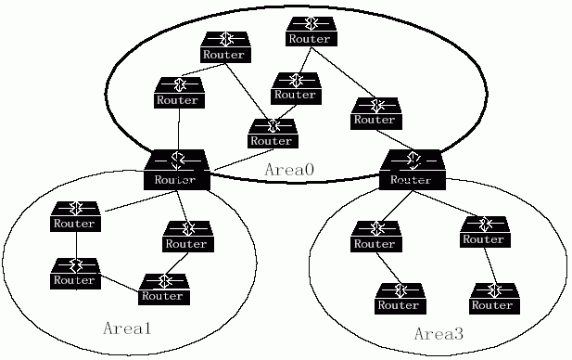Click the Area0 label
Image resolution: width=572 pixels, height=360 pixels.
pyautogui.click(x=289, y=170)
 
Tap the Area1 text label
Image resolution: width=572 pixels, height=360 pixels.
pyautogui.click(x=127, y=328)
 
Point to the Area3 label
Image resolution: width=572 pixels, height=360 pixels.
pyautogui.click(x=439, y=334)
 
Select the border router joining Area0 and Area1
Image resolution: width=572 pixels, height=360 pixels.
pyautogui.click(x=177, y=170)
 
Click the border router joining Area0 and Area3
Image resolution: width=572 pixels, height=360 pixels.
pyautogui.click(x=413, y=170)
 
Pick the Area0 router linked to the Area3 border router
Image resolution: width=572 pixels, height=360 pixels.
pyautogui.click(x=376, y=113)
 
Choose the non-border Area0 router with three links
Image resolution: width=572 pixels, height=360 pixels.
pyautogui.click(x=273, y=134)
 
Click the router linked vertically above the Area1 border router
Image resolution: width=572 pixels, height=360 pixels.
pyautogui.click(x=179, y=93)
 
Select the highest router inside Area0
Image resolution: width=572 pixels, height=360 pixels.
pyautogui.click(x=311, y=32)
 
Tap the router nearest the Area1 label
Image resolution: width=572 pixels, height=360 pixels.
pyautogui.click(x=164, y=289)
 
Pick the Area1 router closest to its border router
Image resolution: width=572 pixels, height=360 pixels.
pyautogui.click(x=188, y=237)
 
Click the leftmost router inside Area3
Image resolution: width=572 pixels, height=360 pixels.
pyautogui.click(x=376, y=237)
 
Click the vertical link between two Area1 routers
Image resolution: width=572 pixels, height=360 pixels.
pyautogui.click(x=77, y=245)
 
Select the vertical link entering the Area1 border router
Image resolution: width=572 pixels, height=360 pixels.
pyautogui.click(x=179, y=129)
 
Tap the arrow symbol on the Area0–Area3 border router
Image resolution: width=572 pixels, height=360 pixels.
pyautogui.click(x=413, y=160)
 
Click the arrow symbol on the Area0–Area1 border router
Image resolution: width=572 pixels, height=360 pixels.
pyautogui.click(x=178, y=160)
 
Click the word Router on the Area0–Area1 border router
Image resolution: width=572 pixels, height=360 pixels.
pyautogui.click(x=175, y=180)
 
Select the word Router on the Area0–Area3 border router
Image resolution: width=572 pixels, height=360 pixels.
pyautogui.click(x=411, y=180)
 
